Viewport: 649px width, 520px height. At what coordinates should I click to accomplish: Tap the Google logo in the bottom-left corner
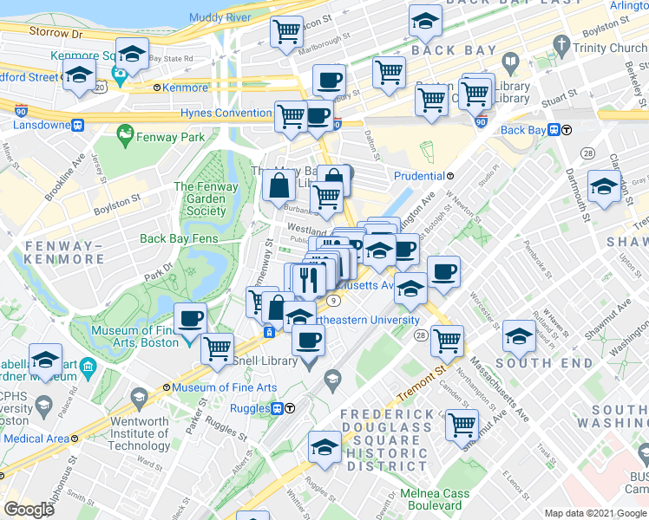click(x=29, y=510)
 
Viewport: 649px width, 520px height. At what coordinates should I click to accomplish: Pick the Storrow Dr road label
click(x=54, y=33)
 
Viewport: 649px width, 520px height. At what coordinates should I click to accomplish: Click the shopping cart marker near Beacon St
click(x=286, y=33)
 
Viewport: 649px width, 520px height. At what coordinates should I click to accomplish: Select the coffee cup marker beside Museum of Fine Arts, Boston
click(x=191, y=319)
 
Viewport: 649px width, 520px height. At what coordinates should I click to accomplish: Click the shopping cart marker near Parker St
click(x=218, y=348)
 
